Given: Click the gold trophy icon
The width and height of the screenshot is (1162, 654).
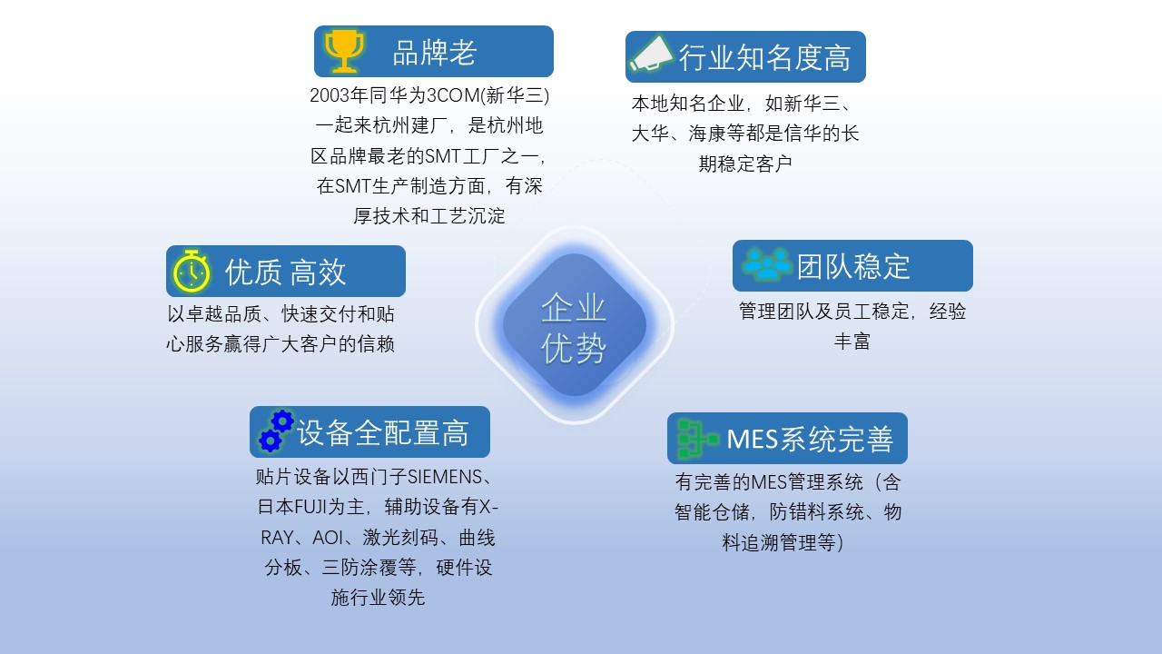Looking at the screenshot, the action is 343,51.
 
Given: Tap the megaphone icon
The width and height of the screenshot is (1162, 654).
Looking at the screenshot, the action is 652,54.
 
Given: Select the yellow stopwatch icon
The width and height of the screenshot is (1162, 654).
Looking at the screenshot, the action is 192,271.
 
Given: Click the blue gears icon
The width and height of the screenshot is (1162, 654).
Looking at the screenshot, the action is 277,431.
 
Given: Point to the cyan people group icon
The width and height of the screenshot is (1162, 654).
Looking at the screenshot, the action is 767,263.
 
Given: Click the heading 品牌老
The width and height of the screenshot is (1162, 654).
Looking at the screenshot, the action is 434,53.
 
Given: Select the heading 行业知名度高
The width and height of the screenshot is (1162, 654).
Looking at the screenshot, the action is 764,57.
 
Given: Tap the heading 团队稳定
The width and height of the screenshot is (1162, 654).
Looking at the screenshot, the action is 853,267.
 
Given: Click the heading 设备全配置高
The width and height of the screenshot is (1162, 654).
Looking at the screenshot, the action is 383,433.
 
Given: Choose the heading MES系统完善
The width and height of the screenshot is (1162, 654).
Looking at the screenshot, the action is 810,439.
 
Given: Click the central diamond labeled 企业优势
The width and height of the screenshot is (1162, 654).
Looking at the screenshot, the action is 575,325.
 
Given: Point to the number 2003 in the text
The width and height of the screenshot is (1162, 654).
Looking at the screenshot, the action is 330,95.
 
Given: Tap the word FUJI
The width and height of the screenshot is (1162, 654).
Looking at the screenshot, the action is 310,507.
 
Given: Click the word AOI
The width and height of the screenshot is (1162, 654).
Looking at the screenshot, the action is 328,538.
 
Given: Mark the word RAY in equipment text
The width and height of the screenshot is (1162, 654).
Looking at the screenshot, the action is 277,538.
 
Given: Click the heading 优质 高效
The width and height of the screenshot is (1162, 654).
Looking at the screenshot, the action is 285,272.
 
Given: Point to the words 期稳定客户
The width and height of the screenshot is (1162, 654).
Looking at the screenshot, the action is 745,164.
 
